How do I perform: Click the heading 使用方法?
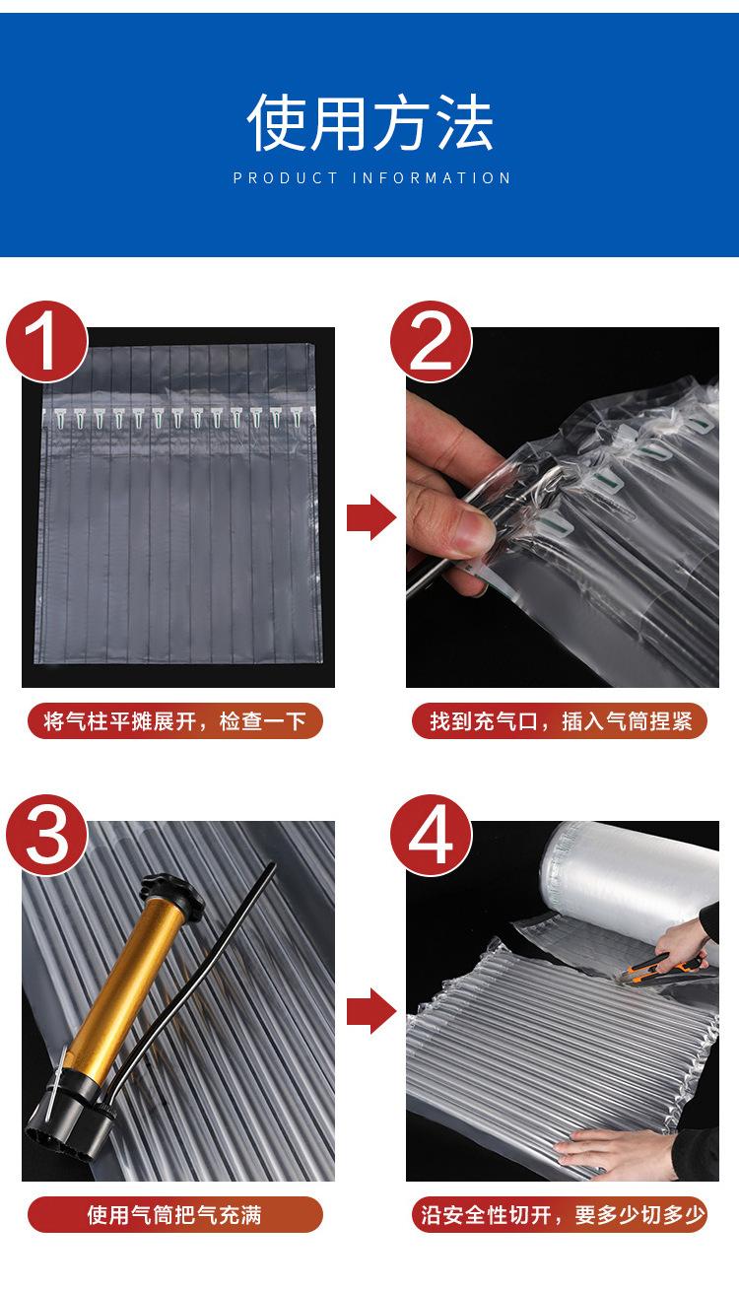coord(369,122)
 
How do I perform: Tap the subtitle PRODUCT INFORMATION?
coord(371,178)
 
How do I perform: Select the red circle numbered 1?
coord(46,342)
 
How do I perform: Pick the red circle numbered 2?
coord(431,342)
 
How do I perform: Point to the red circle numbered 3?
coord(46,835)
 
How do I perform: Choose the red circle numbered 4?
coord(431,835)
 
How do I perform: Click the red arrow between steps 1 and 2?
coord(371,517)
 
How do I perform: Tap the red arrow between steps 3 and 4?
coord(371,1011)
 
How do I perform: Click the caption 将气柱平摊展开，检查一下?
coord(175,721)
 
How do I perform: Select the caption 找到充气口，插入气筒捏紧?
coord(561,721)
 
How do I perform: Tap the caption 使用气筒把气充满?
coord(174,1215)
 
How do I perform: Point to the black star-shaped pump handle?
coord(171,891)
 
